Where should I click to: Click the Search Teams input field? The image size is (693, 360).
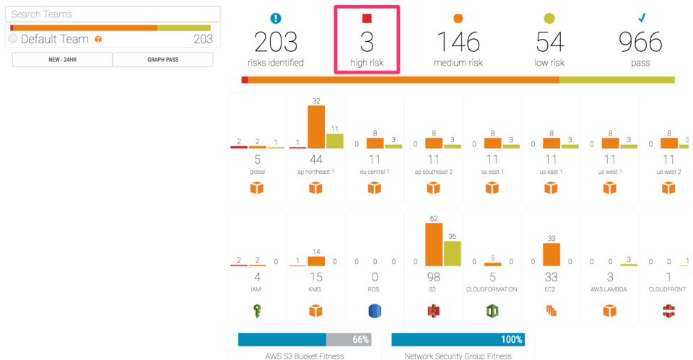112,14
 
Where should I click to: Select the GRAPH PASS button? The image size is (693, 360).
163,60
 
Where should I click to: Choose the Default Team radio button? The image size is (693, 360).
13,39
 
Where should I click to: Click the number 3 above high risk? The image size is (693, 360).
367,43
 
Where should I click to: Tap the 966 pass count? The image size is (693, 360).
640,43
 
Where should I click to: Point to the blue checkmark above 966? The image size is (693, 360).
641,18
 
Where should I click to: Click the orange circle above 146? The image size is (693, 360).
458,19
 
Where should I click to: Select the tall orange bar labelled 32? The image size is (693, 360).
315,127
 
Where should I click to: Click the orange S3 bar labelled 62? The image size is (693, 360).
434,245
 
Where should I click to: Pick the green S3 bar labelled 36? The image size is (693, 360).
452,253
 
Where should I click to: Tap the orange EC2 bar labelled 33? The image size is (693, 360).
551,255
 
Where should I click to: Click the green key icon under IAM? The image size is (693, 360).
257,310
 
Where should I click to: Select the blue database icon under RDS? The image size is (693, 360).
375,310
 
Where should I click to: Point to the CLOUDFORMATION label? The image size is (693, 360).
492,289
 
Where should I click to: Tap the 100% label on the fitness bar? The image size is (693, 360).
512,340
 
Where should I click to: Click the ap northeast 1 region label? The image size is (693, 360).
315,172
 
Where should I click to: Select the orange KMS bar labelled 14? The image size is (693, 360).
315,261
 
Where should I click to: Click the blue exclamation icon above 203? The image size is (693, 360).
275,19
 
